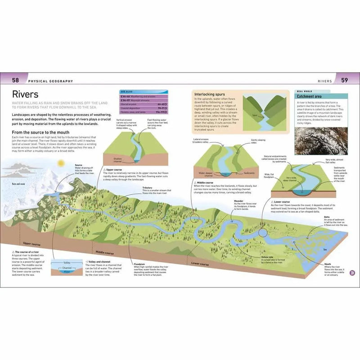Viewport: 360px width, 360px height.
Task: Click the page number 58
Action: [15, 81]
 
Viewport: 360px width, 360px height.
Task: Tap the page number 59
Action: [345, 81]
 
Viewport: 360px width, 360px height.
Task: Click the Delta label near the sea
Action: [327, 216]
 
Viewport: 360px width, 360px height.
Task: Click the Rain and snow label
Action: [18, 184]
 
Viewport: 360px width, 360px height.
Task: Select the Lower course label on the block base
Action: [200, 263]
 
